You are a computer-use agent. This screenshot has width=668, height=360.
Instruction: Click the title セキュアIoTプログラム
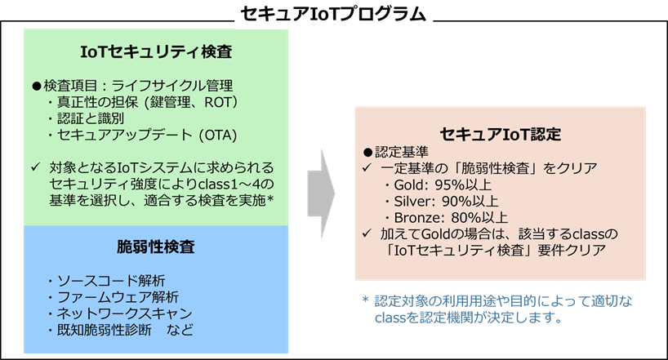332,14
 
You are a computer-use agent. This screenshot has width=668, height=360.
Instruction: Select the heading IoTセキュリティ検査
156,52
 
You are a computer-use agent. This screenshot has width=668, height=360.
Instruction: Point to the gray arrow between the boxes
323,190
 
